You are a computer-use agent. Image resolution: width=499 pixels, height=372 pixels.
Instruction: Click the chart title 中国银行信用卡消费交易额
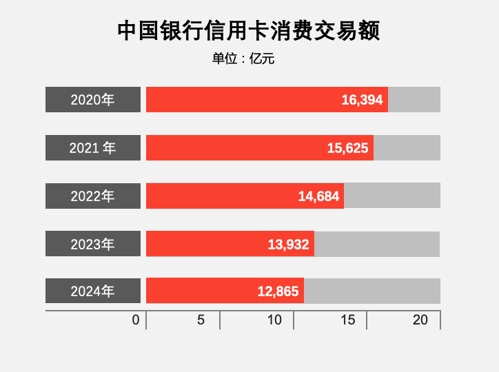coord(249,31)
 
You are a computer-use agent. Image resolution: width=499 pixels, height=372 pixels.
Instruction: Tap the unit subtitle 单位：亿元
coord(243,59)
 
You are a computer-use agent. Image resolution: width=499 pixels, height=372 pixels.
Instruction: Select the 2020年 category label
coord(93,100)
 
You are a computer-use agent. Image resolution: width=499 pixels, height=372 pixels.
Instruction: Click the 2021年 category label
coord(93,148)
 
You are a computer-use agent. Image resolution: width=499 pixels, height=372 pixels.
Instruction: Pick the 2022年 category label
coord(93,196)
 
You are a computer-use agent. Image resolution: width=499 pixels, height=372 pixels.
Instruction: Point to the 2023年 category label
coord(93,244)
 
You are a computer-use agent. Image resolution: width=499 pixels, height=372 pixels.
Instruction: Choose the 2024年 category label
coord(93,291)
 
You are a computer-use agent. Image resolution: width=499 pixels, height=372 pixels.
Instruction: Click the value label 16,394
coord(362,100)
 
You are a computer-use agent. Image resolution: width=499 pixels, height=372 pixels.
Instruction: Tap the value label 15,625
coord(347,148)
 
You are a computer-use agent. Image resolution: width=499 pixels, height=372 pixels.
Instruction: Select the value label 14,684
coord(318,196)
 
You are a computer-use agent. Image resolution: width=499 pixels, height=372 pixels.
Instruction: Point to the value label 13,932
coord(288,244)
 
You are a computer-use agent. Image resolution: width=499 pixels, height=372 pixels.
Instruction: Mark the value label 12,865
coord(278,291)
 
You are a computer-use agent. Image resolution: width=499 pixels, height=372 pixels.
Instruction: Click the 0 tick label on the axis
coord(136,320)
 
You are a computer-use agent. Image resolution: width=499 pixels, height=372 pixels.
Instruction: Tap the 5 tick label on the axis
coord(201,320)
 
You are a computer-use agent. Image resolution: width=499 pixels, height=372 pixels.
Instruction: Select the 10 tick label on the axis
coord(274,320)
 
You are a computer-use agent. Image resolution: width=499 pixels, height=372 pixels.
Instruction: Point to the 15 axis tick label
coord(348,320)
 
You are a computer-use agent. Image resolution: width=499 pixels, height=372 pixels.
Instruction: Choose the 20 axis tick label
coord(420,320)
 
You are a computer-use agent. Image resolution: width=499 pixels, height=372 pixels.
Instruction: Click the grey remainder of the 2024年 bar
coord(372,291)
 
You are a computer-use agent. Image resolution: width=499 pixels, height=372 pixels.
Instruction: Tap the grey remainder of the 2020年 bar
coord(414,100)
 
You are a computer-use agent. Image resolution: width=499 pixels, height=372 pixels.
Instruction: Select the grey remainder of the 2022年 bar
coord(391,196)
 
